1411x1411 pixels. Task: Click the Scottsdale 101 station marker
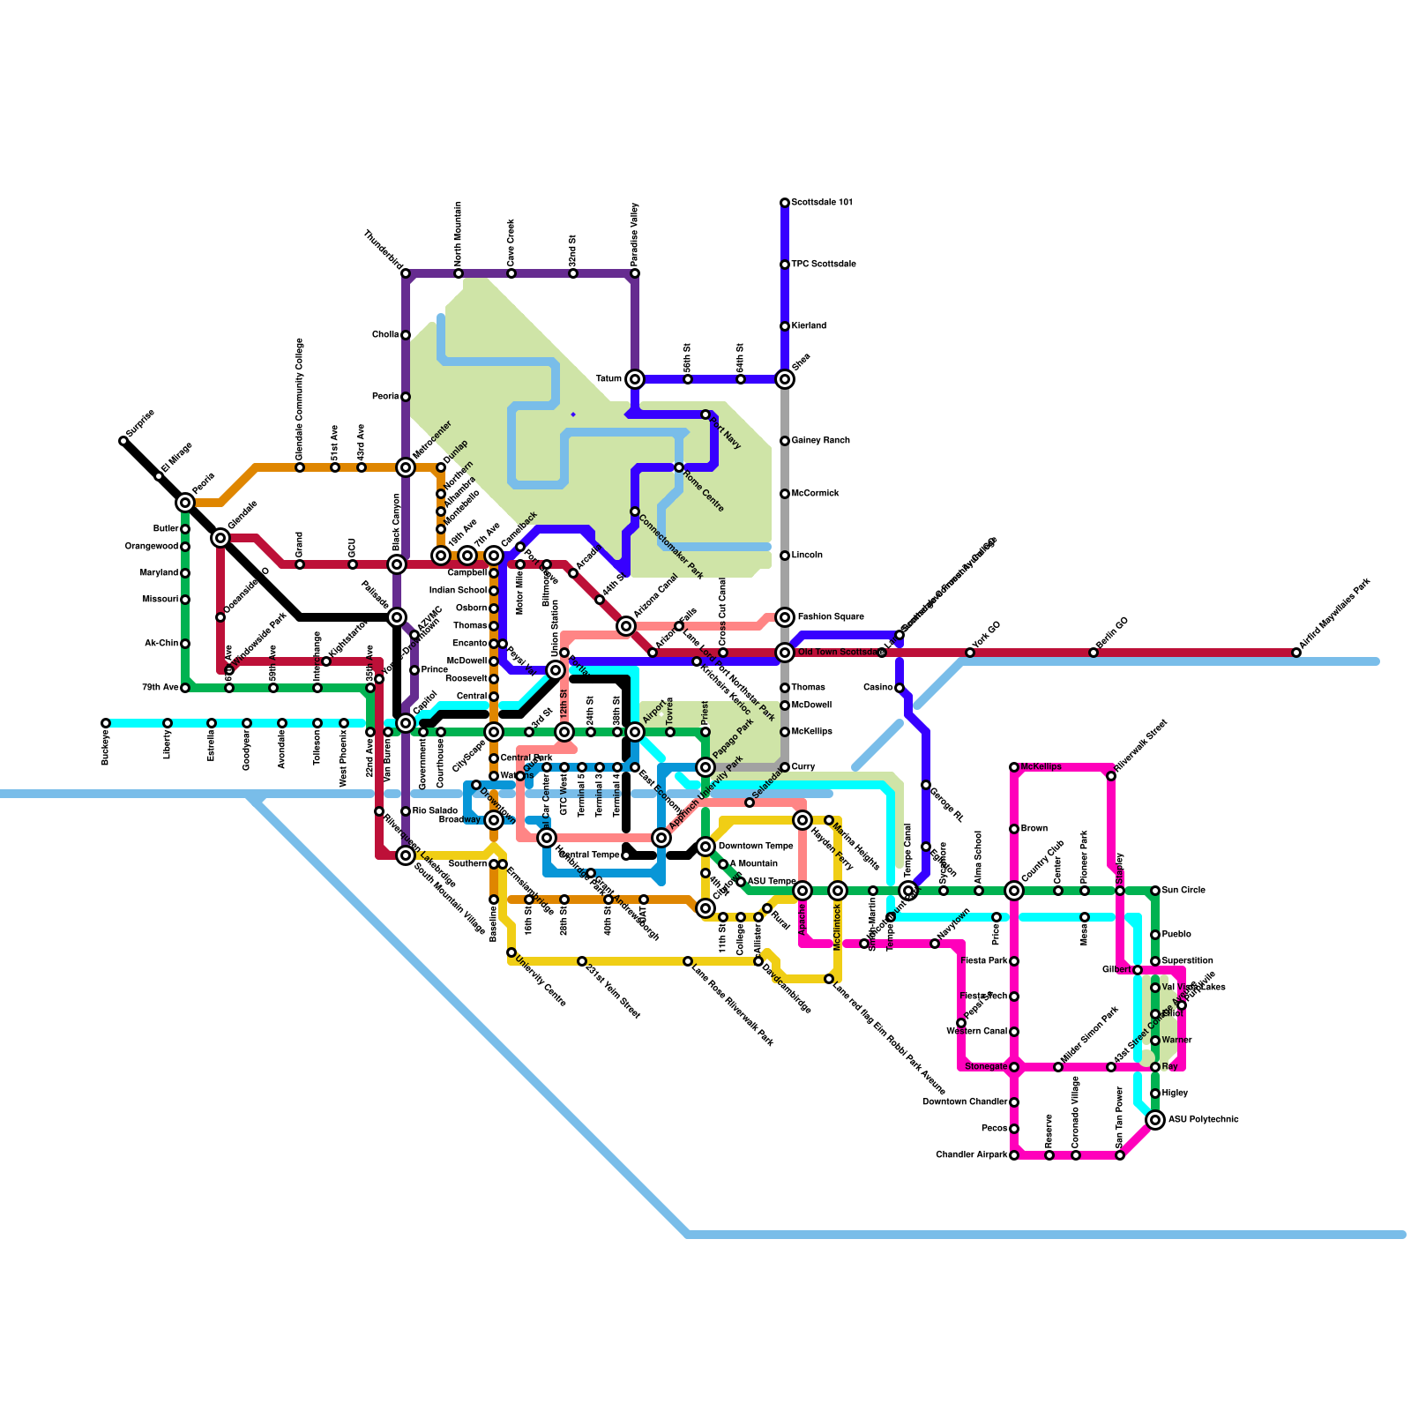click(x=785, y=203)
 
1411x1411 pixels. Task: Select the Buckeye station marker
click(x=106, y=723)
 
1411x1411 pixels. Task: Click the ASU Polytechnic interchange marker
click(x=1155, y=1120)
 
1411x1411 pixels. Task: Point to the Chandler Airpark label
click(x=970, y=1155)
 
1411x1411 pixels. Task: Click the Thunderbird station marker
click(x=406, y=273)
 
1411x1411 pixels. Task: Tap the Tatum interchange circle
click(x=635, y=379)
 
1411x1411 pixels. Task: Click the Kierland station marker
click(x=785, y=326)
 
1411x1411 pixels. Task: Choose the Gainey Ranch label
click(x=820, y=441)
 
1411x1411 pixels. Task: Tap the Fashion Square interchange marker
click(x=785, y=617)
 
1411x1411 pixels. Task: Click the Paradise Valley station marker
click(x=635, y=273)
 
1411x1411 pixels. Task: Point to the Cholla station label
click(x=384, y=335)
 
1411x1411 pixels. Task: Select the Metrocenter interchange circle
click(x=406, y=467)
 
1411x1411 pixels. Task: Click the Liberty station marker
click(x=168, y=723)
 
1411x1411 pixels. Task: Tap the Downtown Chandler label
click(x=964, y=1102)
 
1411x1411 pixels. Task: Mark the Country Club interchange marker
click(x=1014, y=891)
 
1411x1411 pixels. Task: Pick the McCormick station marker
click(x=785, y=494)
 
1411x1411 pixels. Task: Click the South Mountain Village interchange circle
click(x=406, y=855)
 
